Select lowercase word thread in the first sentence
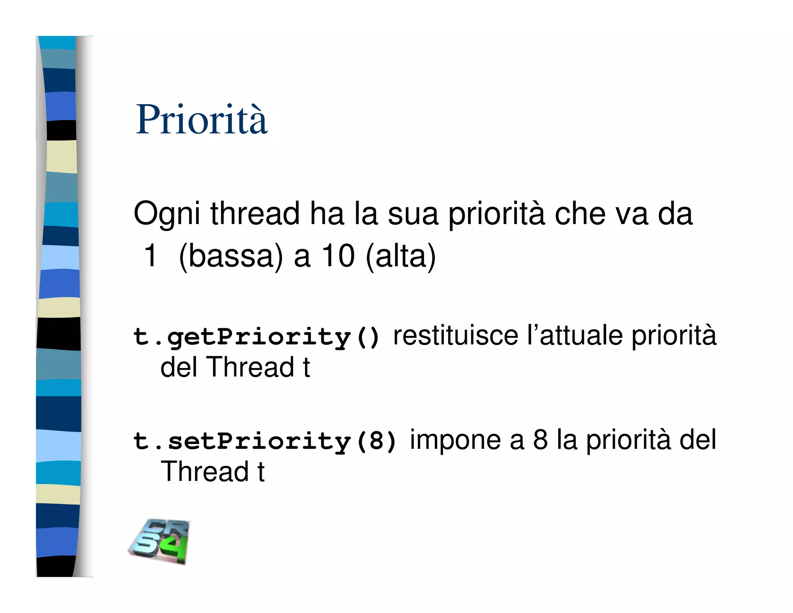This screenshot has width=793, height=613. point(255,213)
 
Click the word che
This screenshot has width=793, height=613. point(580,213)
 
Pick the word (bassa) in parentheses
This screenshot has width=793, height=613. point(231,257)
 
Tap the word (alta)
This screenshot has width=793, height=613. point(401,257)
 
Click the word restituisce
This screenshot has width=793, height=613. point(455,335)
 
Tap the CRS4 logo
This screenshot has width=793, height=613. point(160,541)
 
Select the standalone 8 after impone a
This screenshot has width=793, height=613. point(541,440)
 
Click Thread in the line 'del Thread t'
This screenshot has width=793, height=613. point(252,367)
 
